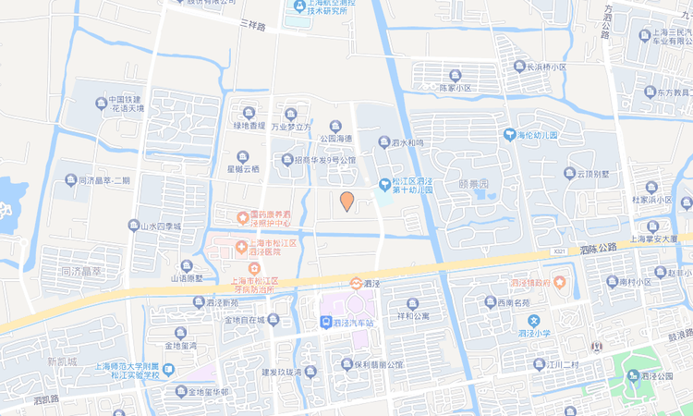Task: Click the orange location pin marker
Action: (346, 201)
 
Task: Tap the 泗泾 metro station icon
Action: (356, 283)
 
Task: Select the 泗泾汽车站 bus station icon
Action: (325, 323)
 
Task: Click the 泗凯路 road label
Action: (44, 400)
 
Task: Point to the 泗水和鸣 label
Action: (407, 143)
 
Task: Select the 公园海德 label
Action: (337, 138)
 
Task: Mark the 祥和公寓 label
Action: (413, 316)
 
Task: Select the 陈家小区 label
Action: (454, 88)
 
